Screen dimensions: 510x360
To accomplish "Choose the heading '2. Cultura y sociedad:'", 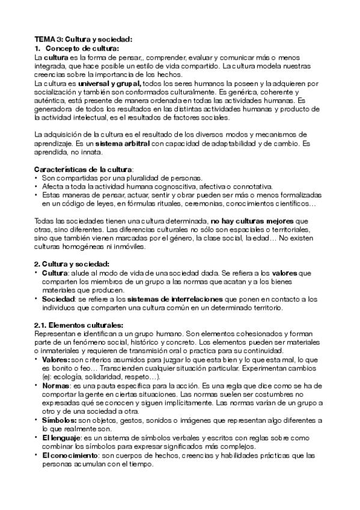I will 71,264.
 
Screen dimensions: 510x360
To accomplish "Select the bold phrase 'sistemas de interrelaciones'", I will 170,299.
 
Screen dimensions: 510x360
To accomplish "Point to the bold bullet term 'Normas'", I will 55,386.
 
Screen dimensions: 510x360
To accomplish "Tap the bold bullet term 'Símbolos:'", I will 58,420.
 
